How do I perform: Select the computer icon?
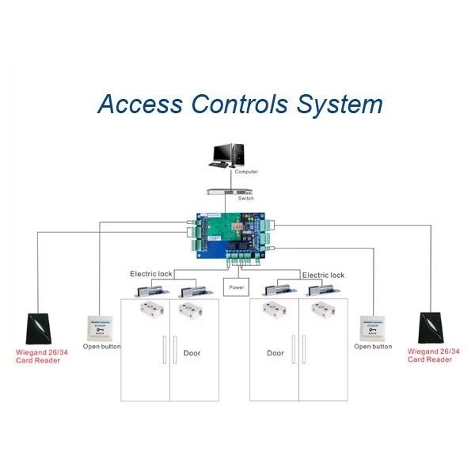point(234,154)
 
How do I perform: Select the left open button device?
point(100,327)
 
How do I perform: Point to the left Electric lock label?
point(150,274)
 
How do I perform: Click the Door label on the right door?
point(275,353)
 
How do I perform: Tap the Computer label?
point(246,172)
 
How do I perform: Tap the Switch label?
point(245,199)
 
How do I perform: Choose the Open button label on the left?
point(102,348)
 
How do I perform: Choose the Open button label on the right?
point(373,347)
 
